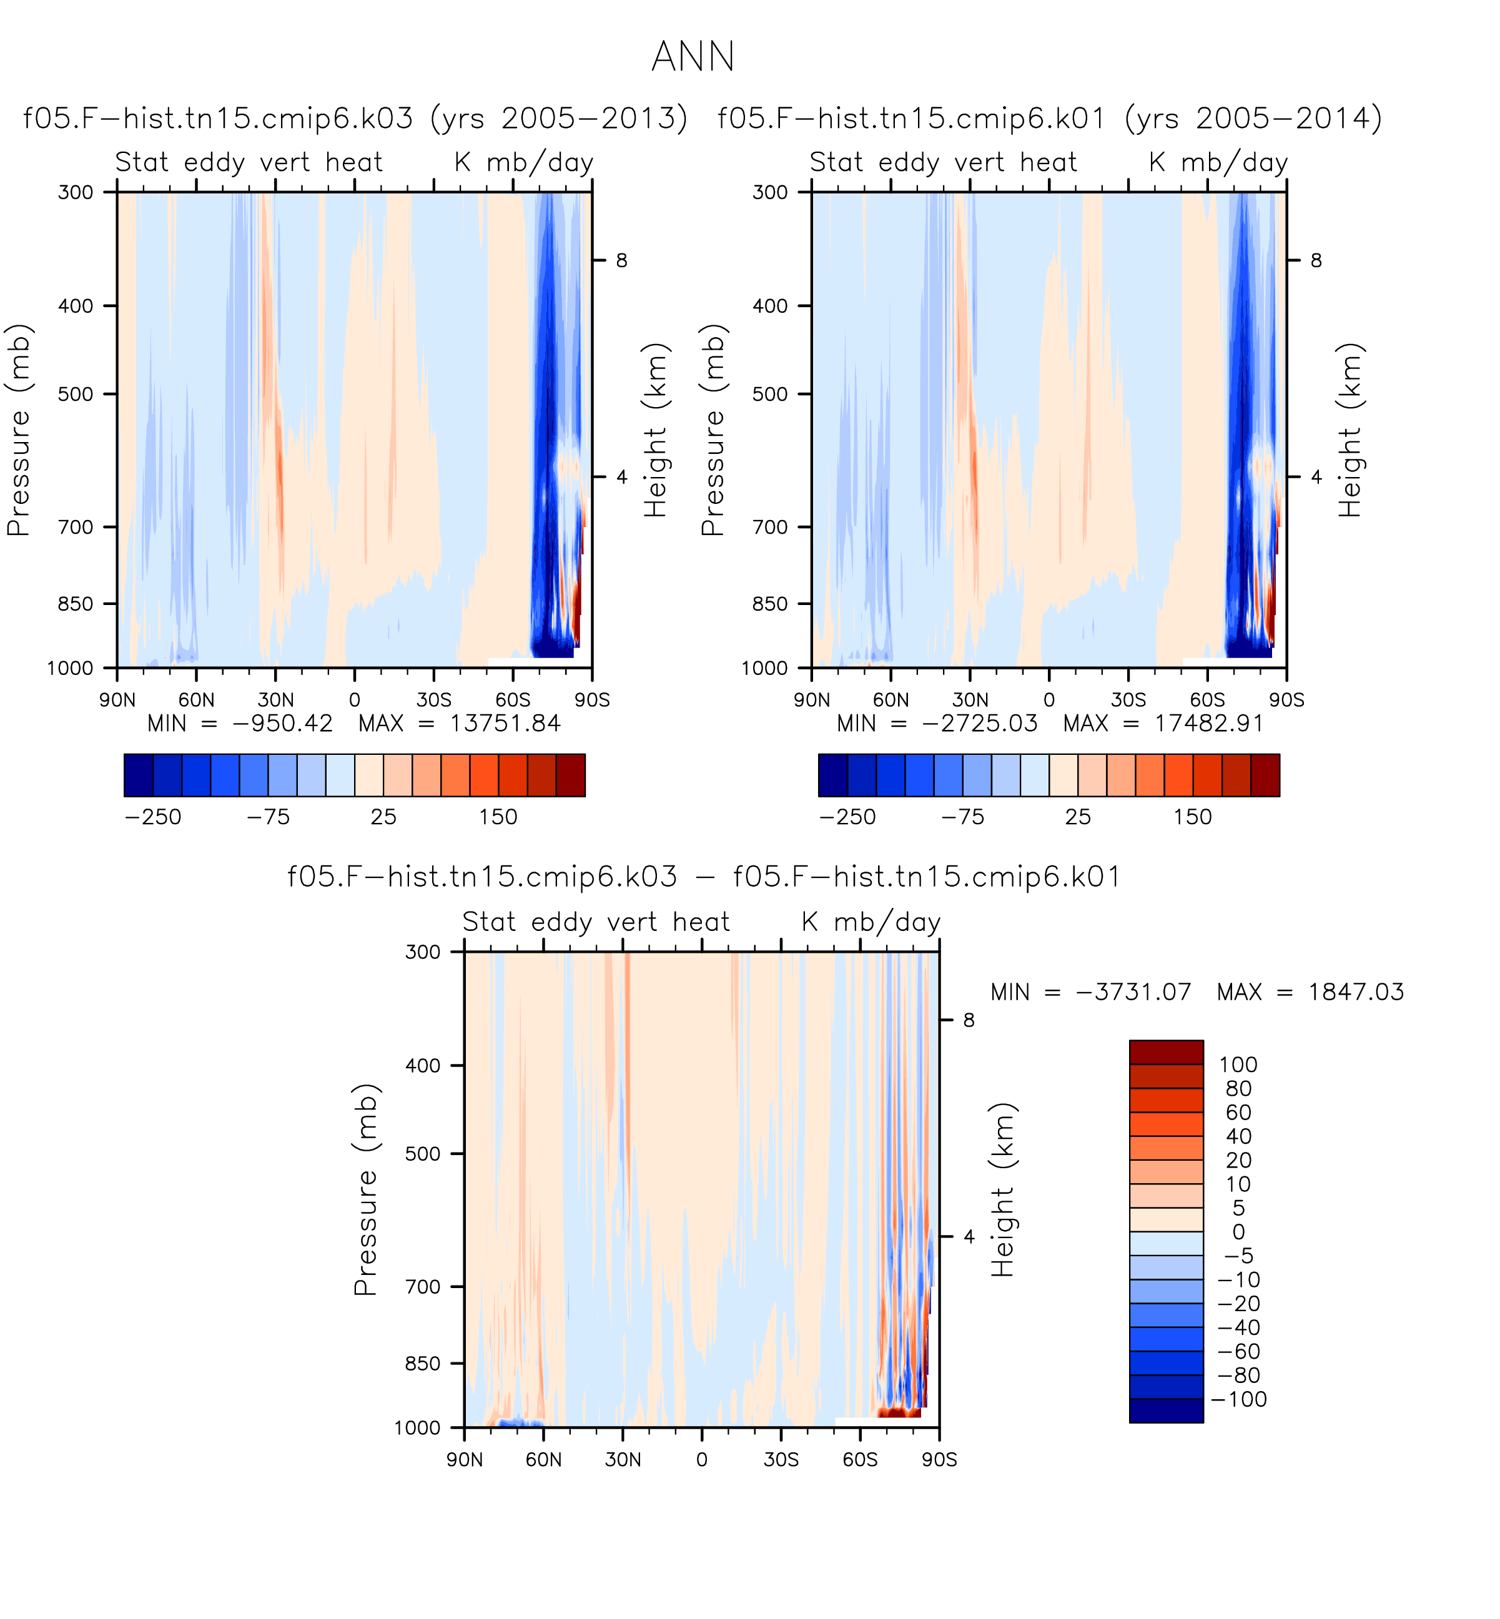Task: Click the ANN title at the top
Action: point(693,57)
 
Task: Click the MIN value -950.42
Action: point(282,723)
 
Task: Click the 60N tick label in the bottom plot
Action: point(543,1460)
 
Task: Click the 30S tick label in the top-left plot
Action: point(433,699)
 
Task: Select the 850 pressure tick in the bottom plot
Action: point(423,1364)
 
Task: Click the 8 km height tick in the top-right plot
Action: point(1316,260)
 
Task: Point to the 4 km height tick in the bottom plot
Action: point(969,1237)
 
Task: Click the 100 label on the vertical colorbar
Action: point(1238,1065)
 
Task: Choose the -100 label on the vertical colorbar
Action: point(1238,1399)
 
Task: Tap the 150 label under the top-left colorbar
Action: point(498,817)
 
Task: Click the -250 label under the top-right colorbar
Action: point(847,817)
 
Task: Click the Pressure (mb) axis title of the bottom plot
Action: point(365,1189)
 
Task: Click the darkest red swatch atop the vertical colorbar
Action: point(1167,1053)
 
